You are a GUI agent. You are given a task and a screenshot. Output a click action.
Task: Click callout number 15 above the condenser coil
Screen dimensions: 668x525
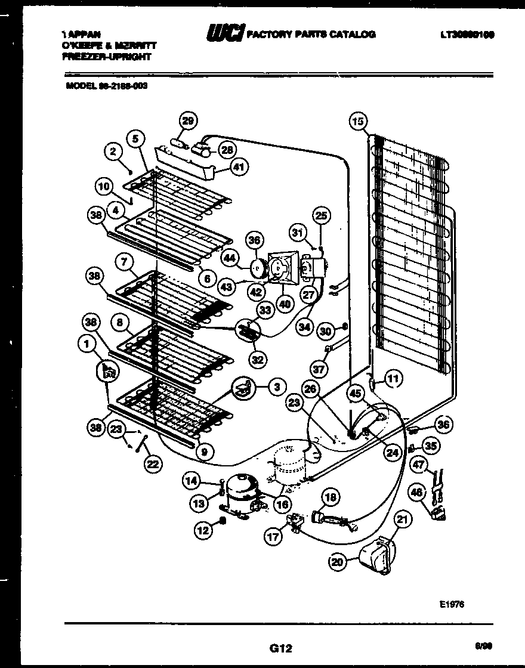pyautogui.click(x=357, y=122)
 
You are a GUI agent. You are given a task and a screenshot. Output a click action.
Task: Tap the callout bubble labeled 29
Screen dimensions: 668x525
pyautogui.click(x=188, y=122)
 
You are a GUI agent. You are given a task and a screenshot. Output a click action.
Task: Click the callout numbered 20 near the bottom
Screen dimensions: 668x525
pyautogui.click(x=339, y=561)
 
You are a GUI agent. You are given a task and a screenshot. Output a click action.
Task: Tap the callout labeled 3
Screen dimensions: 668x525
pyautogui.click(x=276, y=388)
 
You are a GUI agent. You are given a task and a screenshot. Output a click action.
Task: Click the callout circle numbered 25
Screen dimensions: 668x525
pyautogui.click(x=322, y=215)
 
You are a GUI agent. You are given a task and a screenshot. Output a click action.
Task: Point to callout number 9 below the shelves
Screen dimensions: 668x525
pyautogui.click(x=204, y=452)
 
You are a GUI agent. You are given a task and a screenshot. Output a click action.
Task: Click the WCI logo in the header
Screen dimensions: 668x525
pyautogui.click(x=224, y=34)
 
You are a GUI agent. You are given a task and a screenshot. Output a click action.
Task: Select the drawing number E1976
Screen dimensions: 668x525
pyautogui.click(x=451, y=604)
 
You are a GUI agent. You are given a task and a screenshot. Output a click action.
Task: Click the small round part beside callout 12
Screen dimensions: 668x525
pyautogui.click(x=222, y=521)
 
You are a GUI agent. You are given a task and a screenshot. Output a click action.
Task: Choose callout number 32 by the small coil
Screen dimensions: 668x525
pyautogui.click(x=259, y=360)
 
